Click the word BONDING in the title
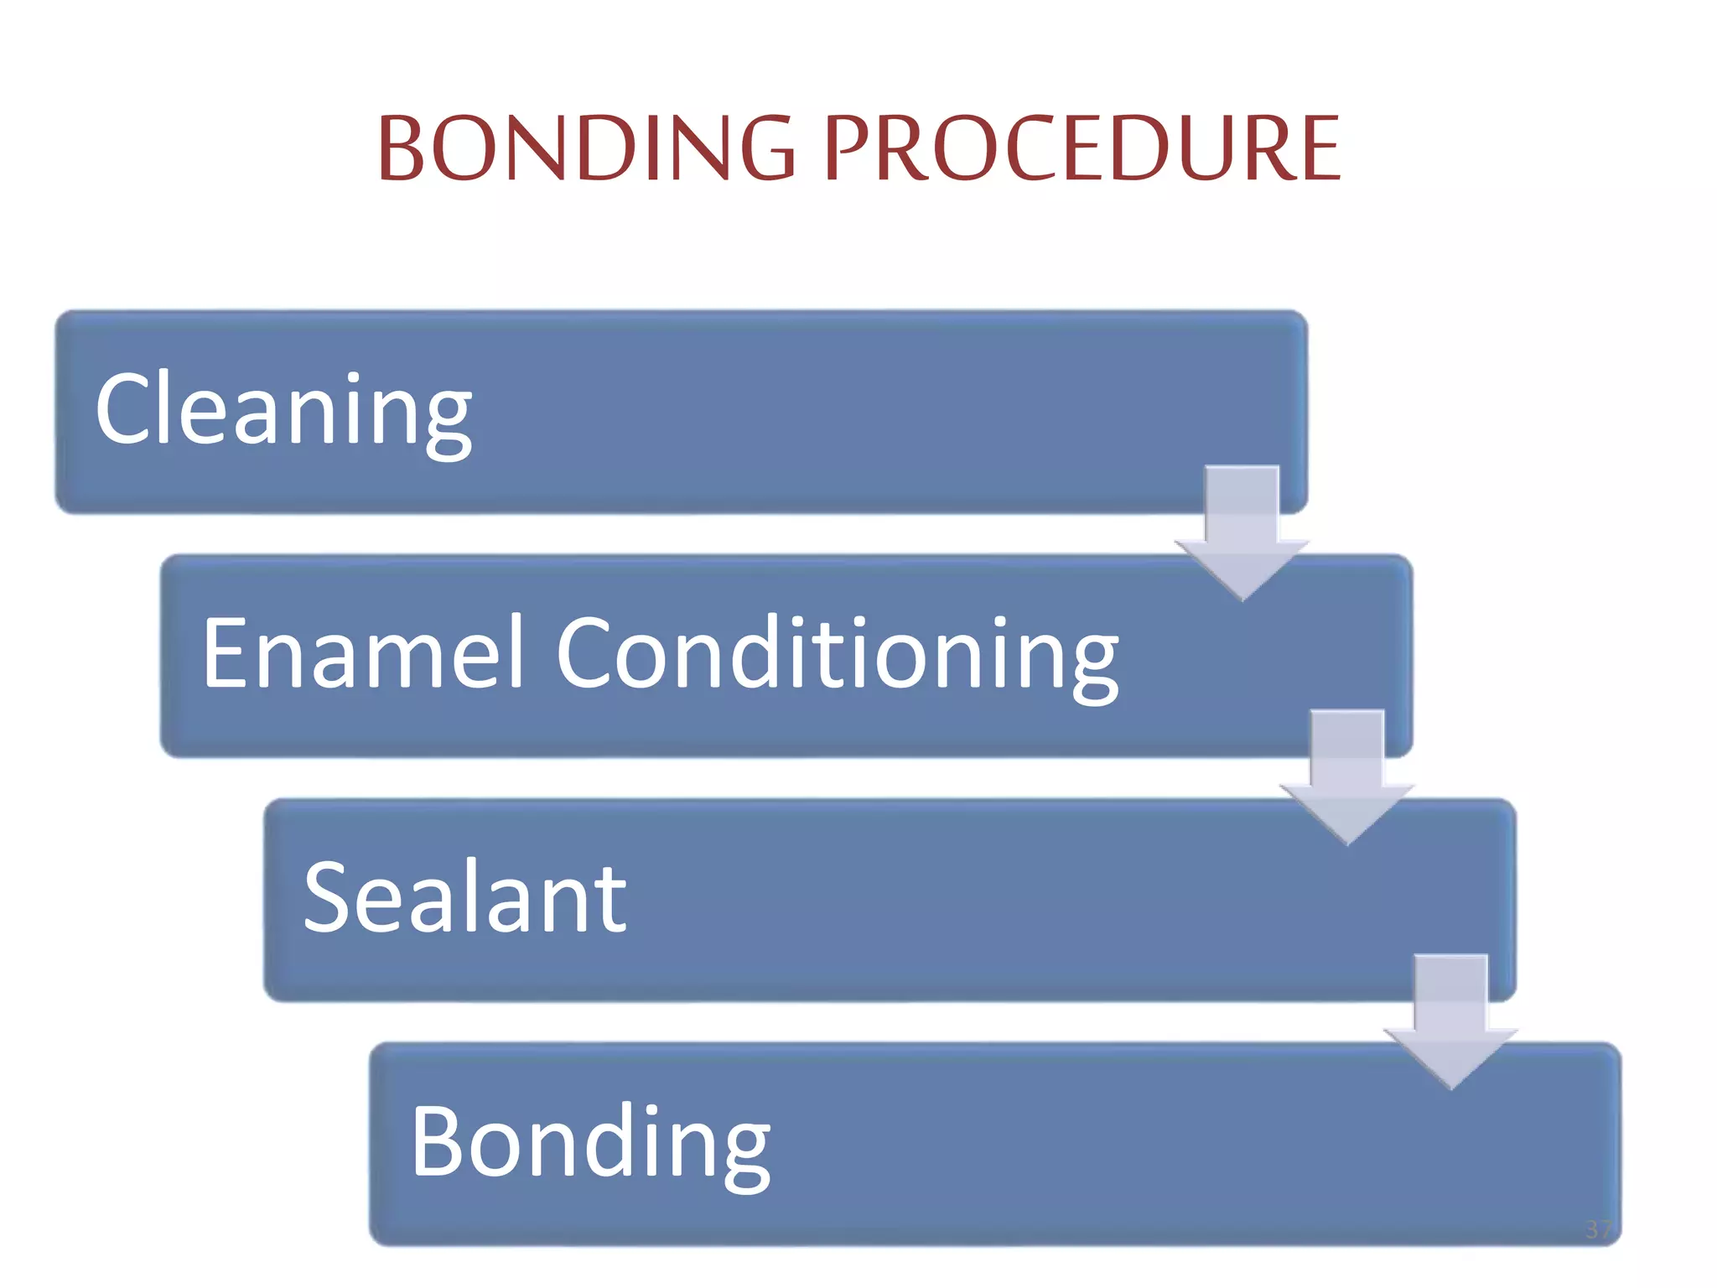(x=586, y=148)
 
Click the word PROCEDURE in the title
(x=1082, y=148)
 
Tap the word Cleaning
(x=283, y=411)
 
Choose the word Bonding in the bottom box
(x=590, y=1142)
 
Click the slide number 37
(x=1598, y=1229)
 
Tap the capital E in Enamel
(x=226, y=652)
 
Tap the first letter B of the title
(x=402, y=148)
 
